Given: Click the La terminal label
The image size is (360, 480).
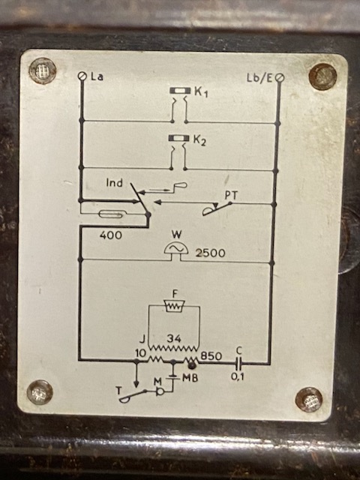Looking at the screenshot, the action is click(97, 76).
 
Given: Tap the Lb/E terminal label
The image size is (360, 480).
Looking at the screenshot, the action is click(259, 78).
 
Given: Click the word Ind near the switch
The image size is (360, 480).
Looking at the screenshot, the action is click(115, 183).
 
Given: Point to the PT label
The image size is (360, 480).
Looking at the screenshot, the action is click(231, 196).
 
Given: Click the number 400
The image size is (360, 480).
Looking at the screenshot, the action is click(110, 235).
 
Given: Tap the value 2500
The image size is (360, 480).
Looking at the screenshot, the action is click(210, 253).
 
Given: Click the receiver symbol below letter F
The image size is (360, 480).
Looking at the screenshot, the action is click(174, 306).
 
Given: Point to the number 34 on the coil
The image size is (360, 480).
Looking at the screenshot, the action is click(174, 338).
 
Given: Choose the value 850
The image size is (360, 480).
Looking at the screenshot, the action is click(211, 356).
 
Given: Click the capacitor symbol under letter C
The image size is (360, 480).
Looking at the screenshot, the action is click(239, 363).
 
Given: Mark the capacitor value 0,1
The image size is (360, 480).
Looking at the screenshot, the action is click(238, 376).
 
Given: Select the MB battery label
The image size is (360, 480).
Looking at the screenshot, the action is click(190, 378).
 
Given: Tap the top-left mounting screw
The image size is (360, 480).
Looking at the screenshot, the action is click(43, 71).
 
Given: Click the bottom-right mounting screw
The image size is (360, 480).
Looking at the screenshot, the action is click(309, 400).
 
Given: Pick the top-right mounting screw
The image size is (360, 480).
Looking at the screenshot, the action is click(322, 76).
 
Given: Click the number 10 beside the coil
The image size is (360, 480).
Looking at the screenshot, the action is click(140, 353).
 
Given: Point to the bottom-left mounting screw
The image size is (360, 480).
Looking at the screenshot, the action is click(40, 392).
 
